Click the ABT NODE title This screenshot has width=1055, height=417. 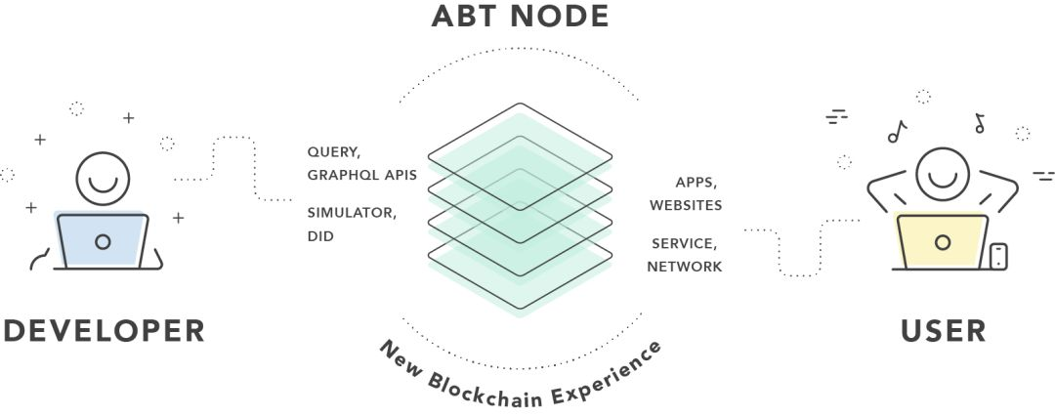[x=520, y=17]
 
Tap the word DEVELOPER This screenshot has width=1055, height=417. [x=105, y=329]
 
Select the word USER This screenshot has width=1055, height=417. [x=944, y=329]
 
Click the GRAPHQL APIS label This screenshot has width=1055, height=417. [x=362, y=176]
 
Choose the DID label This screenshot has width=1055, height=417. [x=320, y=235]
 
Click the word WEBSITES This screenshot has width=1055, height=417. [x=685, y=205]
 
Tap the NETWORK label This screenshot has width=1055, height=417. [x=684, y=266]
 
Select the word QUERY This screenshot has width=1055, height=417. [x=333, y=153]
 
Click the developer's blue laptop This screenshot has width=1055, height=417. [x=103, y=240]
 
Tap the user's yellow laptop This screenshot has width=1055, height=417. [x=942, y=241]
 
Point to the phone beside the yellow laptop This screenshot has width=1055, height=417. [x=998, y=256]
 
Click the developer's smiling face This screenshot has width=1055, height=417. [x=103, y=176]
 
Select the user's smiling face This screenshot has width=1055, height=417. [x=942, y=173]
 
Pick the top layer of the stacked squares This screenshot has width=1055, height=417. [x=520, y=146]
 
